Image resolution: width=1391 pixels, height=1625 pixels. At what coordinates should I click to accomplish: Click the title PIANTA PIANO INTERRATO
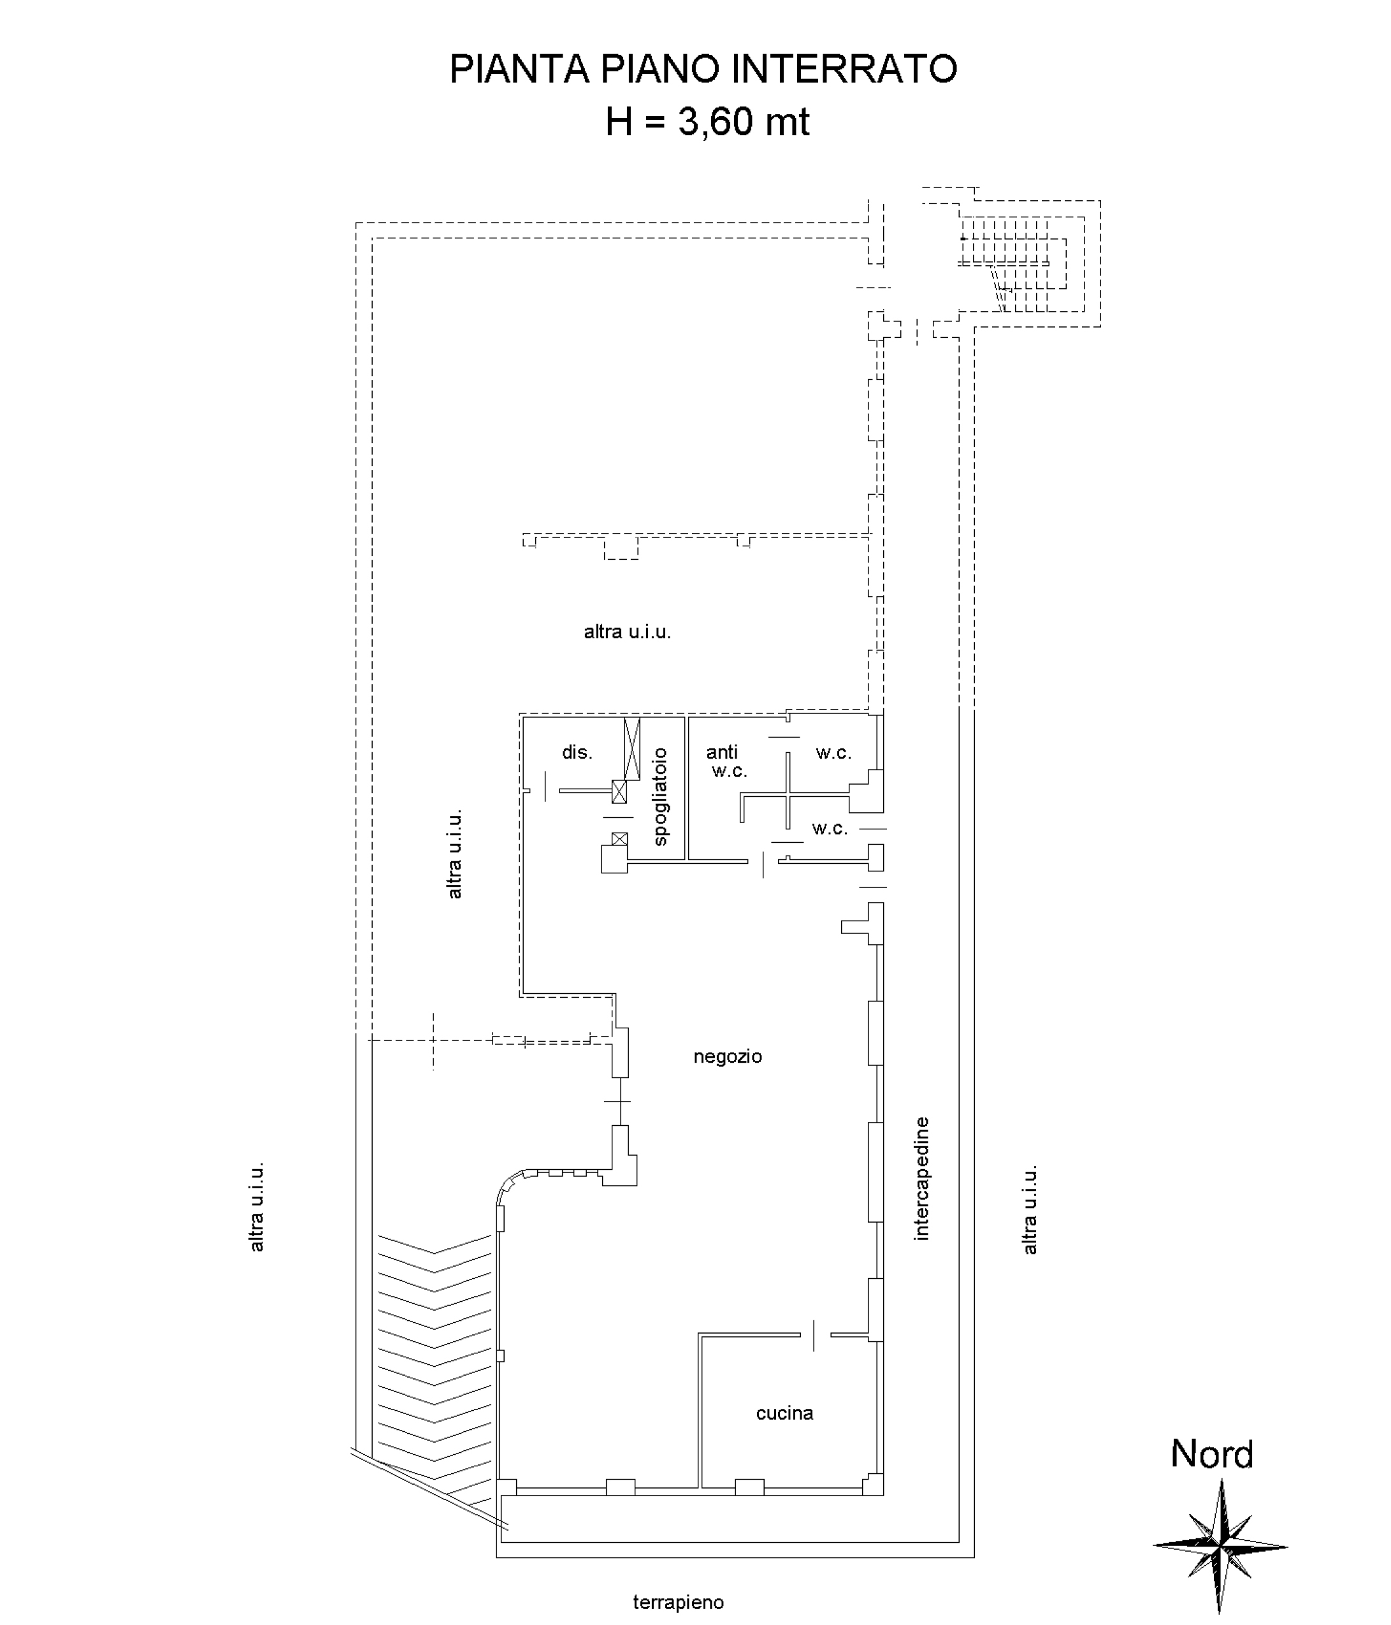pyautogui.click(x=703, y=69)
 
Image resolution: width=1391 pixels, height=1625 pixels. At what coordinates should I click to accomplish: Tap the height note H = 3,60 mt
pyautogui.click(x=707, y=122)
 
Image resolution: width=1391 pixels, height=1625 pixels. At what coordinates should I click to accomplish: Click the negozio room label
pyautogui.click(x=728, y=1056)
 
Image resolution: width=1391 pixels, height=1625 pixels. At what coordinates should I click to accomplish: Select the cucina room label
pyautogui.click(x=784, y=1413)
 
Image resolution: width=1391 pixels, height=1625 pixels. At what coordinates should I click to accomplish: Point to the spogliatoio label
pyautogui.click(x=660, y=797)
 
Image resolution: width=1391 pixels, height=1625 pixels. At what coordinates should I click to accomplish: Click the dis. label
pyautogui.click(x=577, y=752)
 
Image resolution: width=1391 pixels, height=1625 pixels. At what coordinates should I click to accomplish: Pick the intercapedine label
pyautogui.click(x=921, y=1179)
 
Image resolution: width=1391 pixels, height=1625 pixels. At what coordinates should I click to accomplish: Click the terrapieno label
pyautogui.click(x=678, y=1602)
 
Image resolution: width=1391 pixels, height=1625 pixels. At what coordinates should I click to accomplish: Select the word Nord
pyautogui.click(x=1211, y=1455)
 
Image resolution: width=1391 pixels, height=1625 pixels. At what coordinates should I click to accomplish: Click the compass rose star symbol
pyautogui.click(x=1220, y=1546)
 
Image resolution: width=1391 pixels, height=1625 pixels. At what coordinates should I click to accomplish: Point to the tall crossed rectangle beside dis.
pyautogui.click(x=632, y=749)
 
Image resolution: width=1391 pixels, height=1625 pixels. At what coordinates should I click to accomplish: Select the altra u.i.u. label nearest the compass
pyautogui.click(x=1030, y=1209)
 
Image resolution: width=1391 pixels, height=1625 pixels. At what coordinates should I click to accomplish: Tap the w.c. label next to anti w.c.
pyautogui.click(x=833, y=753)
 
